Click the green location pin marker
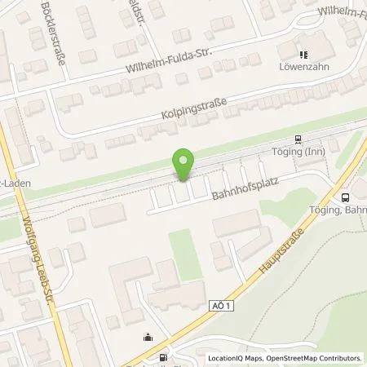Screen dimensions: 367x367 [184, 165]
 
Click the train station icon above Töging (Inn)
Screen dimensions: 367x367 [298, 139]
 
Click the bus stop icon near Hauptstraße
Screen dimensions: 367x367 [345, 197]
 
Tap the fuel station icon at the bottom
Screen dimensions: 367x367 [164, 357]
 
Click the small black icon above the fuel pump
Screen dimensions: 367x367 [148, 338]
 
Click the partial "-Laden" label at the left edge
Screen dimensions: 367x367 [14, 183]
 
